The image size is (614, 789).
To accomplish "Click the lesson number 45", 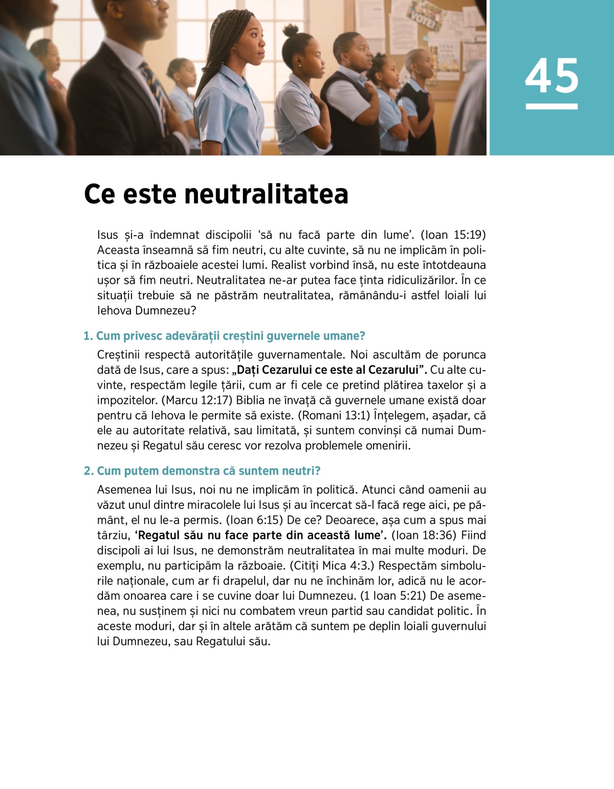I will coord(552,76).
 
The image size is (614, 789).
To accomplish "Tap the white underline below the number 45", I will coord(552,106).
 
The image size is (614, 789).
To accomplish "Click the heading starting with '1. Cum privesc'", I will coord(224,336).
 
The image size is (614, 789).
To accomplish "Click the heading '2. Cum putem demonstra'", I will coord(202,471).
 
